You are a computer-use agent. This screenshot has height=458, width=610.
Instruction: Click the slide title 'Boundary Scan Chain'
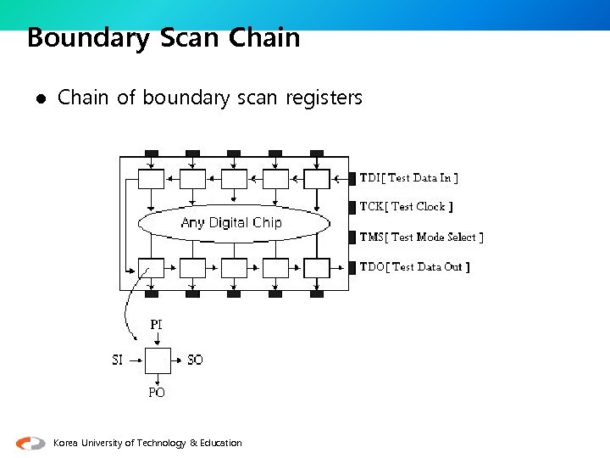click(164, 38)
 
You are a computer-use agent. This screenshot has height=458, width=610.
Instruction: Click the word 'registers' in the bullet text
click(324, 98)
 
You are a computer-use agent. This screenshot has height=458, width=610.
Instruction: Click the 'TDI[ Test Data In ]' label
click(409, 177)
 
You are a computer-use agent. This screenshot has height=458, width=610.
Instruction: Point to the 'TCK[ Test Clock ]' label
click(406, 206)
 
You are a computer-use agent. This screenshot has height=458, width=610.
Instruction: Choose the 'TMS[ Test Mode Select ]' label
click(421, 237)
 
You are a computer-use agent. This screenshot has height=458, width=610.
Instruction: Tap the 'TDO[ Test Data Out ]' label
click(414, 266)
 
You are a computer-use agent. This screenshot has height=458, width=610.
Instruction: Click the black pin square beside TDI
click(352, 178)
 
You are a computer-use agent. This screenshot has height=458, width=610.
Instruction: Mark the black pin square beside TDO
click(352, 267)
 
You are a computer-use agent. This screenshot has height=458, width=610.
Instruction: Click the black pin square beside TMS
click(352, 237)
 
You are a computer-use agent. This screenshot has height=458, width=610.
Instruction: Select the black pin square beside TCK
click(352, 207)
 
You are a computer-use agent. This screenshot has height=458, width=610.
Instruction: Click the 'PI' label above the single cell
click(157, 325)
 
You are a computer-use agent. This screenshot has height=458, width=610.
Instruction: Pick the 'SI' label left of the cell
click(118, 360)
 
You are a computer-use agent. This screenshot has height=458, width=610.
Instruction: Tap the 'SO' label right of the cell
click(195, 360)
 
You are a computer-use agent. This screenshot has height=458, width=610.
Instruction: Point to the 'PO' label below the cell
click(157, 393)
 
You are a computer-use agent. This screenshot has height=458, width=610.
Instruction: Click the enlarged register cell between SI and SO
click(157, 360)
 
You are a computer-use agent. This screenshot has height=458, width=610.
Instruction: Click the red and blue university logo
click(30, 443)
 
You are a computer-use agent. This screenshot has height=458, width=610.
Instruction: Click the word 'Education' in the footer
click(222, 443)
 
